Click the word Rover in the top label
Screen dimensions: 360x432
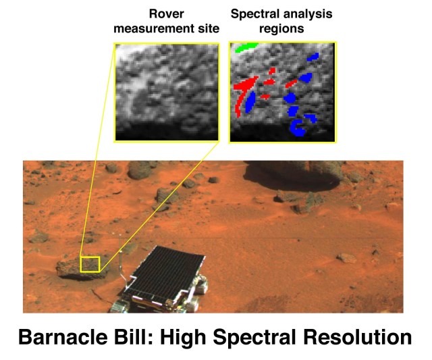(x=166, y=13)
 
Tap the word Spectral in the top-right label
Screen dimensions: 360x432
(x=254, y=13)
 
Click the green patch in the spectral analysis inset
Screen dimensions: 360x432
(x=247, y=47)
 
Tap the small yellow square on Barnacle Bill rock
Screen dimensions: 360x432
(x=90, y=263)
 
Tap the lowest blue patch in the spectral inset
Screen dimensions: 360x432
(x=296, y=127)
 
